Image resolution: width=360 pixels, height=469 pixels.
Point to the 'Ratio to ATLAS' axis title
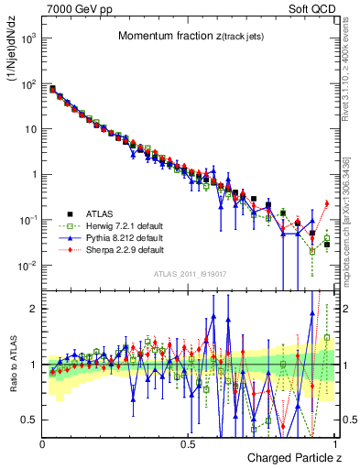click(13, 365)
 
